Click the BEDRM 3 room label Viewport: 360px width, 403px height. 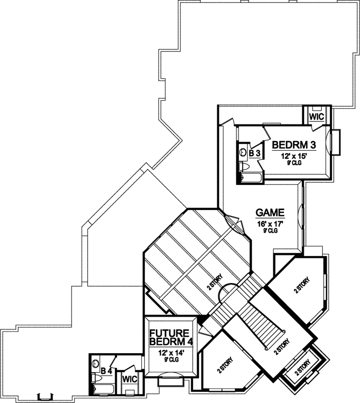click(294, 145)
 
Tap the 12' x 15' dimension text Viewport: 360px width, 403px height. click(294, 156)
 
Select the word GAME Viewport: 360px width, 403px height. click(270, 212)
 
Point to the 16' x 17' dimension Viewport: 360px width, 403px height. click(270, 223)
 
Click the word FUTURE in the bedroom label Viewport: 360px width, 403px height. click(169, 333)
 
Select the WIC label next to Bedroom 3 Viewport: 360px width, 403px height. click(316, 116)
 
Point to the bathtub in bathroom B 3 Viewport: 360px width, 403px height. click(251, 177)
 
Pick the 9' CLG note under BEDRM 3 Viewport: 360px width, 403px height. click(294, 163)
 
